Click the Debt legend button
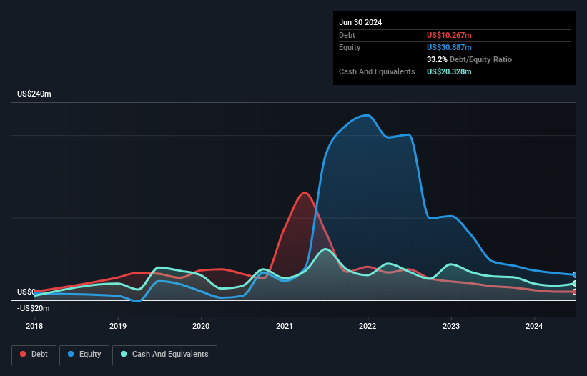tap(33, 354)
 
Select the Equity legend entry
tap(85, 354)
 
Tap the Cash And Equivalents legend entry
tap(164, 354)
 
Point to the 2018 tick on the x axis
tap(34, 326)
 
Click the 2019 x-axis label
tap(118, 326)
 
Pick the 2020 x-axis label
tap(201, 326)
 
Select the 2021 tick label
tap(285, 326)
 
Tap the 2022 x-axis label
tap(368, 326)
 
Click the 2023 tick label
tap(451, 326)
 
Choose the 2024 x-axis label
tap(534, 326)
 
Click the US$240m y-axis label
tap(35, 94)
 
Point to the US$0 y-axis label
tap(26, 292)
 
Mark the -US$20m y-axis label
tap(33, 308)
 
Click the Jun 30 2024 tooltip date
tap(360, 22)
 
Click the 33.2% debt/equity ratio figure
tap(437, 59)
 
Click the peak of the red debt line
tap(305, 192)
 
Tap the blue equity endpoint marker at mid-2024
tap(574, 274)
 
